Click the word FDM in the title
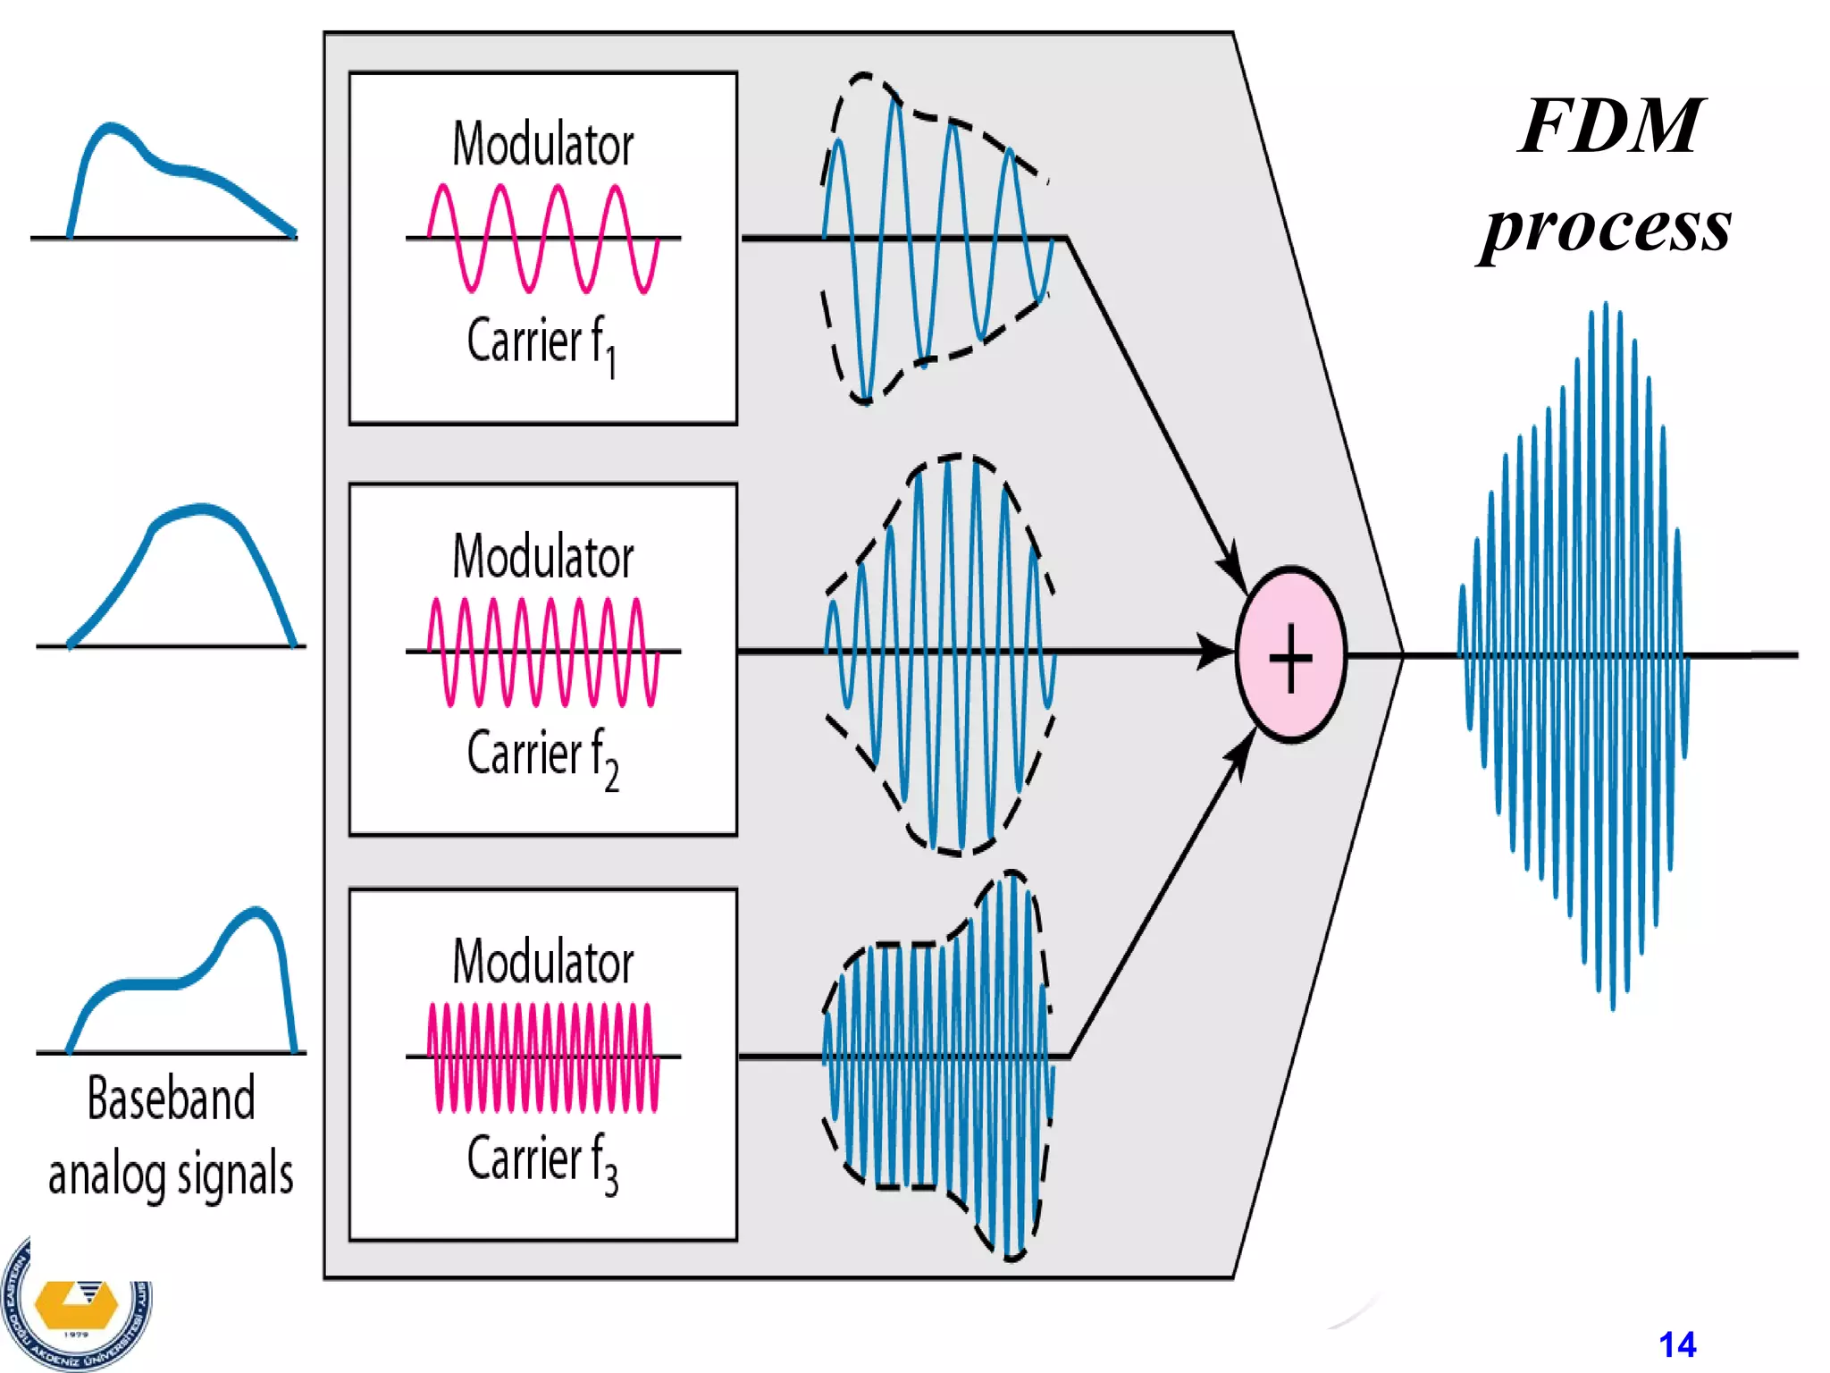pos(1611,127)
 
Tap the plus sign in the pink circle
pos(1290,657)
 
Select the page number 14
pos(1676,1344)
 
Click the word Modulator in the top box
pos(542,145)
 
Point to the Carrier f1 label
pos(541,344)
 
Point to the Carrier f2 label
pos(541,756)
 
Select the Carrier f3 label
pos(541,1161)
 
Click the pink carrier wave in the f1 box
pos(542,239)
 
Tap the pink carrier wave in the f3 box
pos(542,1057)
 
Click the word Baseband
pos(171,1099)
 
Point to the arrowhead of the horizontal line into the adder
pos(1217,652)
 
